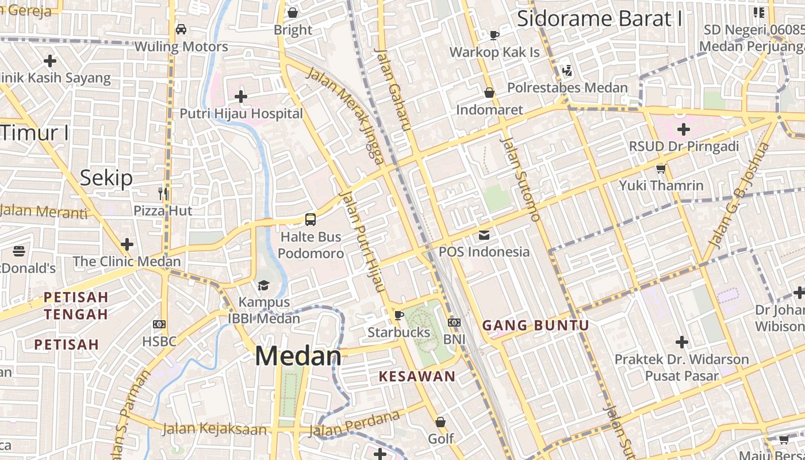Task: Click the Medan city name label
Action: [298, 356]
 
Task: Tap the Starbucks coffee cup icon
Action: [398, 315]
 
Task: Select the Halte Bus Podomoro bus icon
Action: [310, 219]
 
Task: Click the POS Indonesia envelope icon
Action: [484, 235]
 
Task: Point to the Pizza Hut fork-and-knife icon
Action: [163, 193]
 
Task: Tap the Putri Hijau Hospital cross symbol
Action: [241, 97]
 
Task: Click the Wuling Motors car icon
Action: [181, 29]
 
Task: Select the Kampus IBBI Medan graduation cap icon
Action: [263, 285]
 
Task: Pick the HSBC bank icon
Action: [159, 324]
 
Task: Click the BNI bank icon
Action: [454, 323]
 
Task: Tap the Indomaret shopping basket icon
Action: [489, 93]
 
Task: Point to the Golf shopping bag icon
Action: [440, 422]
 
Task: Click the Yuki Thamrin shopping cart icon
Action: [661, 168]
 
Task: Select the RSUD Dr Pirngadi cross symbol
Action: [683, 129]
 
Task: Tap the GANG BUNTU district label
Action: [535, 325]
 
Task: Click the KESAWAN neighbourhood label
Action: [417, 377]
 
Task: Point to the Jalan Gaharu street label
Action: [390, 89]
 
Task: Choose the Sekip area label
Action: [106, 178]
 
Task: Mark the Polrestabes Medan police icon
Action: [567, 71]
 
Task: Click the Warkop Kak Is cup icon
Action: [494, 35]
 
